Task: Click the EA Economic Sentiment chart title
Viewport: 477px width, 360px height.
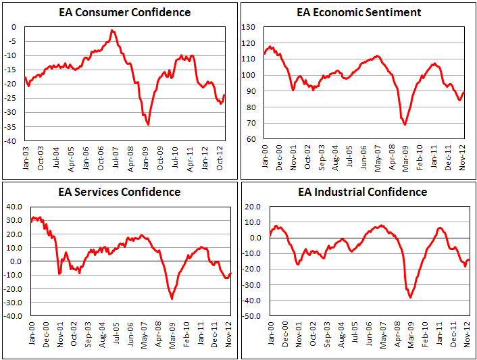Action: click(x=359, y=12)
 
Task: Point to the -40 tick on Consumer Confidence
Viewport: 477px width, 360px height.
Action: click(x=12, y=142)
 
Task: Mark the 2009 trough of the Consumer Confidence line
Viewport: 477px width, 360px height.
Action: click(x=148, y=125)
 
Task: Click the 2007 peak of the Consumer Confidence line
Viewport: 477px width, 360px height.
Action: click(x=112, y=30)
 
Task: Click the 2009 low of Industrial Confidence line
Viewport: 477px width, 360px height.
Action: click(x=410, y=297)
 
